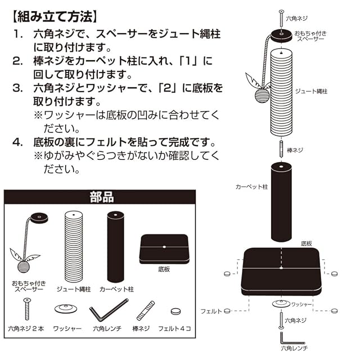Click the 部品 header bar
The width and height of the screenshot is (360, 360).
point(101,197)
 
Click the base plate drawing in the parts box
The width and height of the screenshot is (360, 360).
point(163,247)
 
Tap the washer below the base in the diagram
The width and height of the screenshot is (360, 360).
point(280,304)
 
